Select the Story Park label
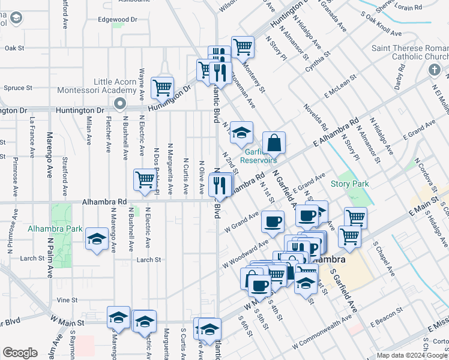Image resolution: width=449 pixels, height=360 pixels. pos(349,184)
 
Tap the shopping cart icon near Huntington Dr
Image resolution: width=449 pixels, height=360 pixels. pos(162,88)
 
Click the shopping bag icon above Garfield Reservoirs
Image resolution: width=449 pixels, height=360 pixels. pos(274,143)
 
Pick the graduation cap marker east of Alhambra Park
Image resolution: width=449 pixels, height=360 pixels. pos(97,240)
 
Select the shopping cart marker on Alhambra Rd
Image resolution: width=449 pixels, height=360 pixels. pos(145,180)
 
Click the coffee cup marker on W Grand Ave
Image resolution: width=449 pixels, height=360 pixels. pos(273,222)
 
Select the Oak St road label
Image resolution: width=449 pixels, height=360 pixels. pos(14,47)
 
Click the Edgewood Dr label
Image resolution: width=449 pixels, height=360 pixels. pos(118,19)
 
